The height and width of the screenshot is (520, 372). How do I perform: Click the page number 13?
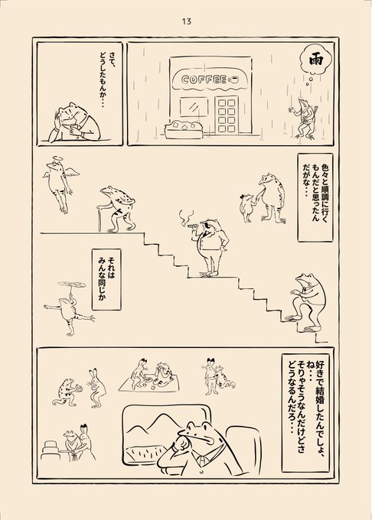(x=187, y=21)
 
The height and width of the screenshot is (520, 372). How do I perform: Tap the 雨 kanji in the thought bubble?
(x=315, y=61)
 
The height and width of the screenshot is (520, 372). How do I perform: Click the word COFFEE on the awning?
(x=204, y=80)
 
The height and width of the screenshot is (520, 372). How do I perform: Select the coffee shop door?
(x=227, y=115)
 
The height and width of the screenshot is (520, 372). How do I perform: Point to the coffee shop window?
(x=194, y=107)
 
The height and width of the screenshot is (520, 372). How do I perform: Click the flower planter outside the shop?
(x=183, y=130)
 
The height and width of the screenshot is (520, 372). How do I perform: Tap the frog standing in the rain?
(x=303, y=118)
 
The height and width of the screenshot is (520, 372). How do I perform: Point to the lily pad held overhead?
(x=72, y=284)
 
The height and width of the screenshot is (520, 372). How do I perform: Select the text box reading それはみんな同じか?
(x=106, y=280)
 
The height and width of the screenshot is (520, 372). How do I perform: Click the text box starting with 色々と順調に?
(x=315, y=197)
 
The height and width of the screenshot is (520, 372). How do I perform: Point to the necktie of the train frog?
(x=201, y=460)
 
